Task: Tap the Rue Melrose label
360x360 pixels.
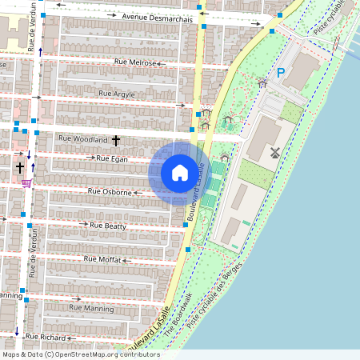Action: [134, 62]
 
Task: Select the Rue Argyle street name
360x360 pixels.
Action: [117, 94]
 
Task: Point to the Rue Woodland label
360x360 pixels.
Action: [83, 139]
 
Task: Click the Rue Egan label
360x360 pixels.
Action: [111, 158]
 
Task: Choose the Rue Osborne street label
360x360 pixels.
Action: [110, 192]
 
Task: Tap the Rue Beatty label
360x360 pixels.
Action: [109, 226]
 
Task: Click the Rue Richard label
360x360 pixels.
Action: [46, 338]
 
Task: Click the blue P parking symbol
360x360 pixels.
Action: [281, 73]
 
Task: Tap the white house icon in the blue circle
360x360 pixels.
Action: [179, 172]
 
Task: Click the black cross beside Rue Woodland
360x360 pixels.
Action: [116, 141]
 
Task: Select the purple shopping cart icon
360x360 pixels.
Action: [26, 182]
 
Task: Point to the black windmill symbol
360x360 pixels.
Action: [274, 152]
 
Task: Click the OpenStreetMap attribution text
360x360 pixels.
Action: [80, 354]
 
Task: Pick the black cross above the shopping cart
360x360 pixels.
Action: [19, 168]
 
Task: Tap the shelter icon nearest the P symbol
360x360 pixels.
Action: [262, 82]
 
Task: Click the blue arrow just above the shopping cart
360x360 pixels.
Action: [33, 167]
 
